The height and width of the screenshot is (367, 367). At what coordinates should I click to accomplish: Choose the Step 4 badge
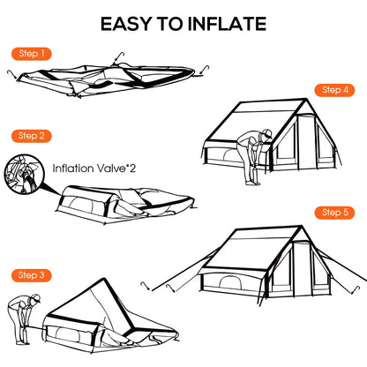tap(335, 90)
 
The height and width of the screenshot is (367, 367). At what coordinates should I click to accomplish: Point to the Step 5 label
tap(335, 212)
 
